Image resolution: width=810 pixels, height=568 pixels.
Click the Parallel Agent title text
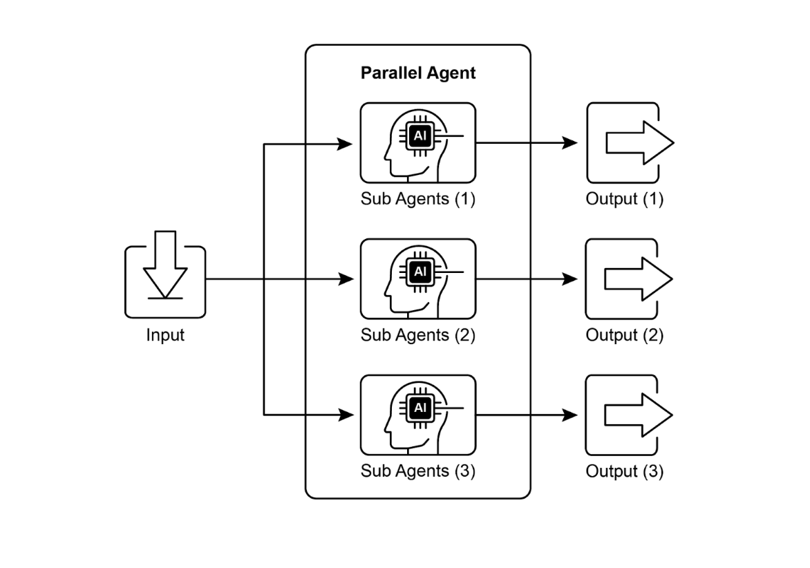click(x=418, y=73)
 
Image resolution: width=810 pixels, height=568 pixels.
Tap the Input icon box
click(x=165, y=281)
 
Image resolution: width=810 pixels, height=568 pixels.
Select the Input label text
click(x=165, y=336)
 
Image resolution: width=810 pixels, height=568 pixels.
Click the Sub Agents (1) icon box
click(x=418, y=143)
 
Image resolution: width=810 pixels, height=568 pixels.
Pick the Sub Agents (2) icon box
click(x=418, y=279)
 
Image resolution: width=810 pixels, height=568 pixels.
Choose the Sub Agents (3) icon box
click(x=418, y=415)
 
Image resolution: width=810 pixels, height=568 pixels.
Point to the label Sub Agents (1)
click(x=418, y=200)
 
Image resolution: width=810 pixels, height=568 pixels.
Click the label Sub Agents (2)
click(x=418, y=336)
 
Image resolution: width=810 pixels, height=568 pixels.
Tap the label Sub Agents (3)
click(x=418, y=472)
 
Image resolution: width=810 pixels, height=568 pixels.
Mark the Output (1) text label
click(x=624, y=200)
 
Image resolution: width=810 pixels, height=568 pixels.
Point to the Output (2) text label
click(x=624, y=336)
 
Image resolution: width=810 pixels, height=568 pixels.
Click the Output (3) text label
click(x=624, y=472)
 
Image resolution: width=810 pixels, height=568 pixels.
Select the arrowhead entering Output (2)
click(x=569, y=279)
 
